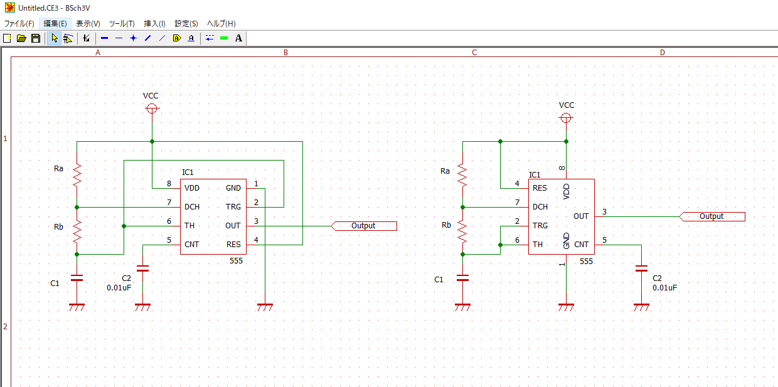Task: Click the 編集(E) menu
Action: pos(55,23)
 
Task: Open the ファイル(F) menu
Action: pos(19,23)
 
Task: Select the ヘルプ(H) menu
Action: pos(221,23)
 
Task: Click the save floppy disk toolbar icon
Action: pos(36,38)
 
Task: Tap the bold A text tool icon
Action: pos(238,38)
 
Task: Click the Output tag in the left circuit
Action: pos(363,226)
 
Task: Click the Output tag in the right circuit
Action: pos(711,216)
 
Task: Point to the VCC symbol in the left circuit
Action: pos(151,109)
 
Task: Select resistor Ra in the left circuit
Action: pos(77,176)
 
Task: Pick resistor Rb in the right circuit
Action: pos(462,232)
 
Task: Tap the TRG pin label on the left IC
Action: pos(233,207)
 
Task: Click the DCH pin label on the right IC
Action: pos(540,207)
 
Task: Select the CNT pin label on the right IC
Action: pos(581,245)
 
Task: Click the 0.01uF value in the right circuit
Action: pos(665,288)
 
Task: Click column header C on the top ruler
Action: pos(474,53)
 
